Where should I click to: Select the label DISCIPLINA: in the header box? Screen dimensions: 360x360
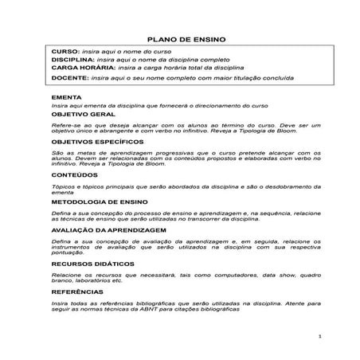pyautogui.click(x=72, y=60)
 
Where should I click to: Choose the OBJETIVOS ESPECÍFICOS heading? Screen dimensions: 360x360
pyautogui.click(x=100, y=140)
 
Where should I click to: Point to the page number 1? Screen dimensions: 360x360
pyautogui.click(x=318, y=336)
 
